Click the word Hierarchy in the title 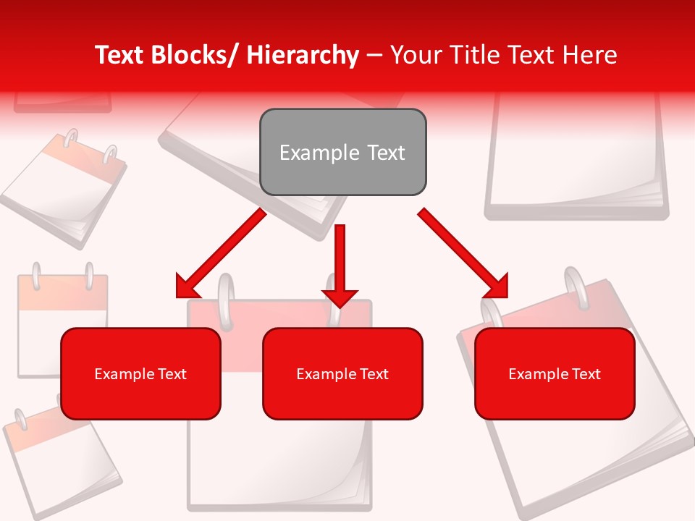pos(303,55)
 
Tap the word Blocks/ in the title pos(195,55)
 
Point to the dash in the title pos(374,55)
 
